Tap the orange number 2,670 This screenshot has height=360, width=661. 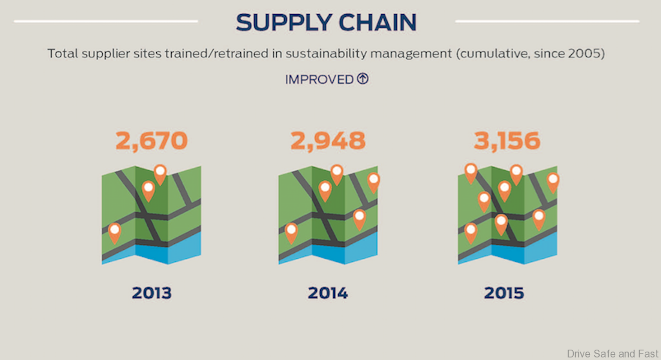(x=152, y=141)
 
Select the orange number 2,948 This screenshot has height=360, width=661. (x=328, y=141)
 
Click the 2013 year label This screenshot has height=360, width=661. (x=152, y=293)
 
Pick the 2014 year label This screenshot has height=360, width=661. (x=328, y=293)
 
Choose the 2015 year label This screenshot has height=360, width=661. (x=504, y=293)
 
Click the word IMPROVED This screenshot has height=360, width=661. (x=320, y=79)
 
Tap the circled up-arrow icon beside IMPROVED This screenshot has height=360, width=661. (x=362, y=79)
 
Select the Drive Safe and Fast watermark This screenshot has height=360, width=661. (x=612, y=353)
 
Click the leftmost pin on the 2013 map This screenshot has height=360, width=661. (x=114, y=231)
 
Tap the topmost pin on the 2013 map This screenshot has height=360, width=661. (x=160, y=173)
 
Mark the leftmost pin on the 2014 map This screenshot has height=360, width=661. (x=291, y=231)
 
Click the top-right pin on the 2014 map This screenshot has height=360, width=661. (x=373, y=181)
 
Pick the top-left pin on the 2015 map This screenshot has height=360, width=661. (x=471, y=172)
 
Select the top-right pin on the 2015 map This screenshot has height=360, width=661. (x=553, y=181)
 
